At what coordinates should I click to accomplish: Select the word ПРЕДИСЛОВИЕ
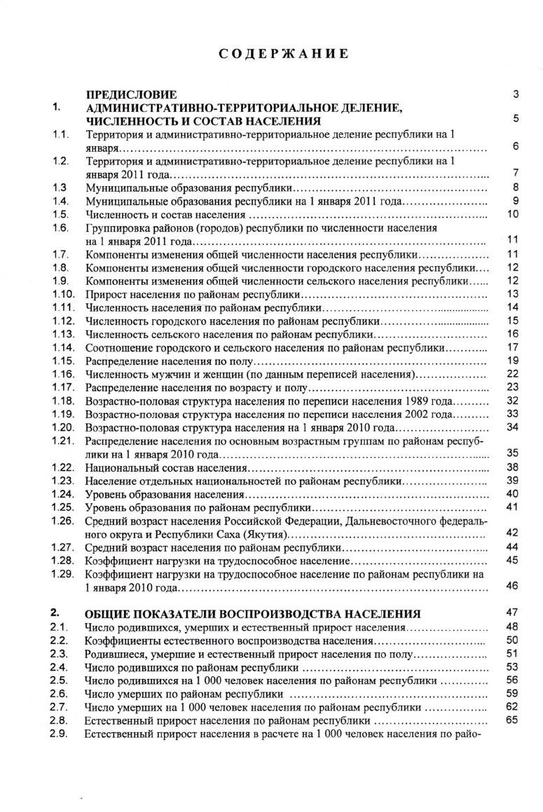pos(131,94)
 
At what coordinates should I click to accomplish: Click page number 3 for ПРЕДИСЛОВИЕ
pos(515,94)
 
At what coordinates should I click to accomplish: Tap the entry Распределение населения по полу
pos(167,360)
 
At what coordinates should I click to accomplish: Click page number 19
pos(511,360)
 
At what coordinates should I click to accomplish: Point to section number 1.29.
pos(62,573)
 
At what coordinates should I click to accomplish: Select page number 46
pos(511,586)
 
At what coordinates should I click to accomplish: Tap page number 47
pos(511,612)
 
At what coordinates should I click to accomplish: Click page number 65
pos(511,720)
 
